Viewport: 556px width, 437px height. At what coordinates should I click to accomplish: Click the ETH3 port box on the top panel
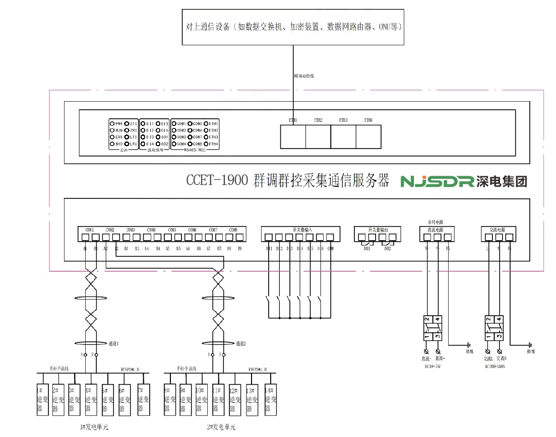343,136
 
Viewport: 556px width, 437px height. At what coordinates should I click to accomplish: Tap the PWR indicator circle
112,123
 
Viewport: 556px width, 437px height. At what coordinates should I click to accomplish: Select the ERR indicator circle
112,137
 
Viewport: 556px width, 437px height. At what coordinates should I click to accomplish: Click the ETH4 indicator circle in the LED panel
206,144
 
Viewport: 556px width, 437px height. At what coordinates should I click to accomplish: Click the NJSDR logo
437,181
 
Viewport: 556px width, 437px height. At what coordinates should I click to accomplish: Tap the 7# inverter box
144,400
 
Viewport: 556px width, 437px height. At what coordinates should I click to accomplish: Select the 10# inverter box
201,400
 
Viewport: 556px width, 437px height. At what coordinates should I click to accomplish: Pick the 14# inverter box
270,400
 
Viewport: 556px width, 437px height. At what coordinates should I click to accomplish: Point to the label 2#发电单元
221,427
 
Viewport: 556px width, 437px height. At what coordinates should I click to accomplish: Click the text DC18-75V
434,366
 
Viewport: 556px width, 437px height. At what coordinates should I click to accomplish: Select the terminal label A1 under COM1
85,249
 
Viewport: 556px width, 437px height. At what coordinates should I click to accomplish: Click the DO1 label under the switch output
367,249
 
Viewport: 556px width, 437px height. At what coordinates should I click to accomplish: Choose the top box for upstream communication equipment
293,27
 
